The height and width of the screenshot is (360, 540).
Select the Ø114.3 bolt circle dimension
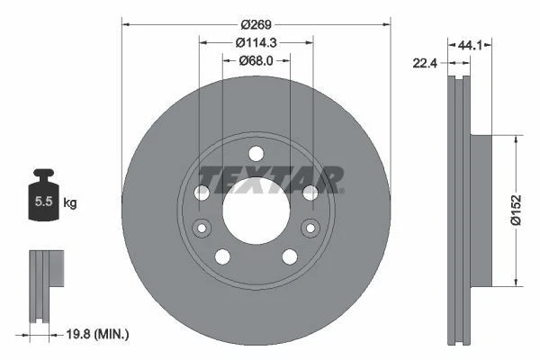256,41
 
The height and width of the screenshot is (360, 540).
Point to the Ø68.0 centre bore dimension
256,60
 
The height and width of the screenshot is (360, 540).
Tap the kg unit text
70,203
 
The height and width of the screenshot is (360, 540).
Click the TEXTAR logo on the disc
270,178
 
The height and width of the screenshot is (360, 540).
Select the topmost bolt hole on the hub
256,152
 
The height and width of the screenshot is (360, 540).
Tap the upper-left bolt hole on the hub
202,193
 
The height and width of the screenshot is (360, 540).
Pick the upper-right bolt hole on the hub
310,193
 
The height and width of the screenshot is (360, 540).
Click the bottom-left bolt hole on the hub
221,256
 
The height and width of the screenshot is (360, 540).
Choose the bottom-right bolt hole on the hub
290,256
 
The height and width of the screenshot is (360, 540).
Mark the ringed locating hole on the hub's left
201,227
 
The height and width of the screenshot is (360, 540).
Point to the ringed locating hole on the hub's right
310,227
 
